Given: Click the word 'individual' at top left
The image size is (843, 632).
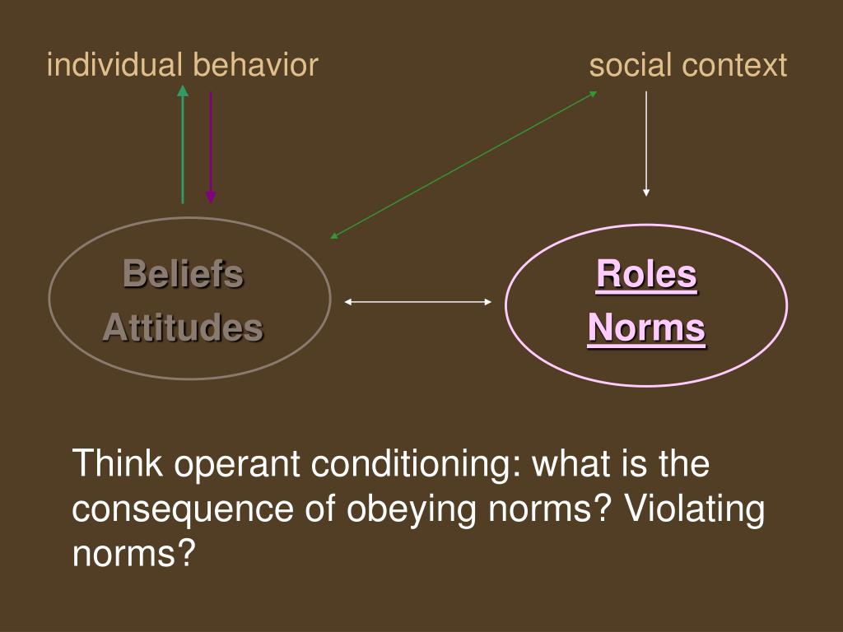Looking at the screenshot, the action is (114, 64).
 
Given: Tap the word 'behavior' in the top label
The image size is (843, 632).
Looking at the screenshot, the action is (256, 64).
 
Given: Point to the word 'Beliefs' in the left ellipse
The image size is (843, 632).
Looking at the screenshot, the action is (184, 273).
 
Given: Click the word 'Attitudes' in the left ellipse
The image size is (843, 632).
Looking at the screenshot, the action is (183, 328).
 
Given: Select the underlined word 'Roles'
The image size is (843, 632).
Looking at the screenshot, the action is (646, 275).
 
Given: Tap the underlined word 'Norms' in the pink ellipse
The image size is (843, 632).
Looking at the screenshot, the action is (646, 328).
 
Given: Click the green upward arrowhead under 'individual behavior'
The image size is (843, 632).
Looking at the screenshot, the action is (183, 91).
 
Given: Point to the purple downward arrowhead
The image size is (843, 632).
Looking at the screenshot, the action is (211, 197).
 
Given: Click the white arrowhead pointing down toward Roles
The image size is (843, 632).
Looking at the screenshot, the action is (646, 193).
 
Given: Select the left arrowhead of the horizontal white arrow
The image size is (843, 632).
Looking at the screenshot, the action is (348, 302).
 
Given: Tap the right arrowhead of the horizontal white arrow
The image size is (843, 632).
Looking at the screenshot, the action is (487, 302).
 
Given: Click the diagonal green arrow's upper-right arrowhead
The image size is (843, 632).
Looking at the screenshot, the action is (594, 94).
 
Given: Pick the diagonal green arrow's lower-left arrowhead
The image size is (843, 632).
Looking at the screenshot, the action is (334, 235).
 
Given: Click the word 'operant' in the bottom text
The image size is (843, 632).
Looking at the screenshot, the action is (236, 464).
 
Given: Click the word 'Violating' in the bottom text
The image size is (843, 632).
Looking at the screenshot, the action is (694, 508).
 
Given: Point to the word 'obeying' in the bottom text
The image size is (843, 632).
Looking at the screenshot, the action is (412, 509).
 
